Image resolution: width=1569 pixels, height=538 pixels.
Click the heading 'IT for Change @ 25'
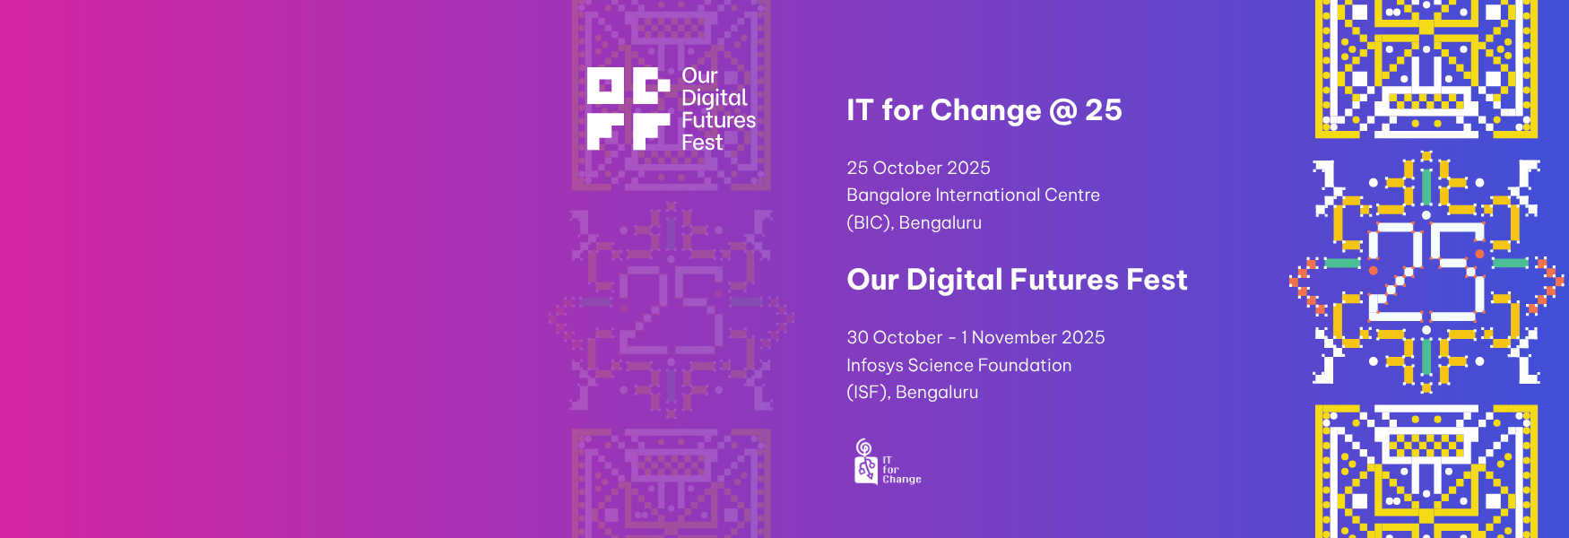984,110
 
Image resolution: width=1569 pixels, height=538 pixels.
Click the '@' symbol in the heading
1062,111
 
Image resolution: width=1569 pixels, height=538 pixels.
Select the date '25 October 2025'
918,168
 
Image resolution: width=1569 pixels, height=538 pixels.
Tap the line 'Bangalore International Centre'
973,195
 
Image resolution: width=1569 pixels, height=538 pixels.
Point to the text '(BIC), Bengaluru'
914,222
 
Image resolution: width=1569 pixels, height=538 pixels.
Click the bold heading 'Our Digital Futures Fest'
1017,280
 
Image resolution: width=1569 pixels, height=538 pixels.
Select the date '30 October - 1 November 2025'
975,337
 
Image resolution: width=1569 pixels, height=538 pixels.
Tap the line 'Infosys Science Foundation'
958,365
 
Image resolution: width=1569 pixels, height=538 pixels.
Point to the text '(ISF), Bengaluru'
912,392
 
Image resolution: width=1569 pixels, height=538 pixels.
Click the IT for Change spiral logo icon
865,462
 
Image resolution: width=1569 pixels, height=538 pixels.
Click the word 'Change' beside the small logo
902,480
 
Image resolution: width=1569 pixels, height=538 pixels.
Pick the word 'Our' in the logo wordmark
699,76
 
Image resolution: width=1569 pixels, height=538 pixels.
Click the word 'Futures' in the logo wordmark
718,120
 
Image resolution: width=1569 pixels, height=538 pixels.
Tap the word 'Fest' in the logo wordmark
702,143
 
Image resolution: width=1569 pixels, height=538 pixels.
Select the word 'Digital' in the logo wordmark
714,99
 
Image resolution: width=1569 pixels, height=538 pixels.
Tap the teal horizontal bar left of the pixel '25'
1343,263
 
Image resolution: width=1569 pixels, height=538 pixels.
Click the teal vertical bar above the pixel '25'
1426,187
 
